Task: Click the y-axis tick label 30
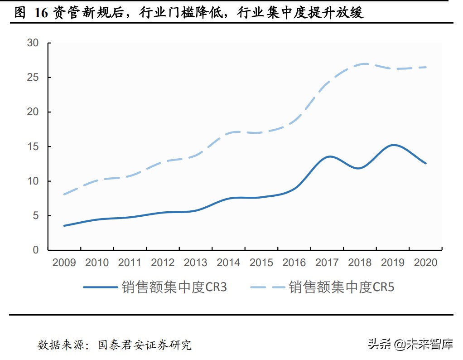(x=33, y=43)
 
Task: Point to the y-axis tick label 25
(x=33, y=78)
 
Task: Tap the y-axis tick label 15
(x=33, y=146)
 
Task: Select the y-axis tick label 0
(x=36, y=250)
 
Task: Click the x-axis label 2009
(x=64, y=263)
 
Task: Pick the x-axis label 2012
(x=163, y=263)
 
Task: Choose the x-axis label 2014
(x=228, y=263)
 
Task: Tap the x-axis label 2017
(x=327, y=263)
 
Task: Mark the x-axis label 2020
(x=425, y=263)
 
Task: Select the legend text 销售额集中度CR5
(x=342, y=287)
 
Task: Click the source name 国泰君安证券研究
(x=145, y=345)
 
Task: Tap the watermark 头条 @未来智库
(x=410, y=345)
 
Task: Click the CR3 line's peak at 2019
(x=393, y=145)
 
